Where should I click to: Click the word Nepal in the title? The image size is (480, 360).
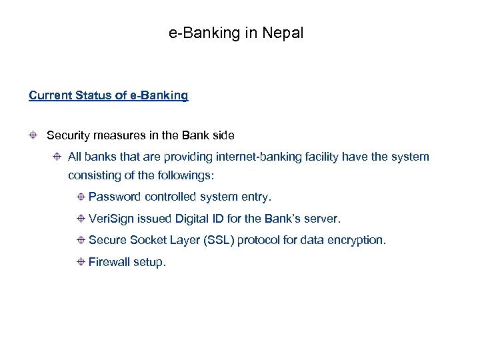283,33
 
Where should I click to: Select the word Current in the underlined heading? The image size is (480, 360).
49,95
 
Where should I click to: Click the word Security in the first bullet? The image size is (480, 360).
68,135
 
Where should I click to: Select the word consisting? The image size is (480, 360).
94,175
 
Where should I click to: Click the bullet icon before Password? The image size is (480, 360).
80,197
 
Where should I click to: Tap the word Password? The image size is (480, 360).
115,197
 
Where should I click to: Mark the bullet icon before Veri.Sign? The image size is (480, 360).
80,219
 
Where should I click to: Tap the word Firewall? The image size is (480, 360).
109,262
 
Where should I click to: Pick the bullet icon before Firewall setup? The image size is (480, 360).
80,262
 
